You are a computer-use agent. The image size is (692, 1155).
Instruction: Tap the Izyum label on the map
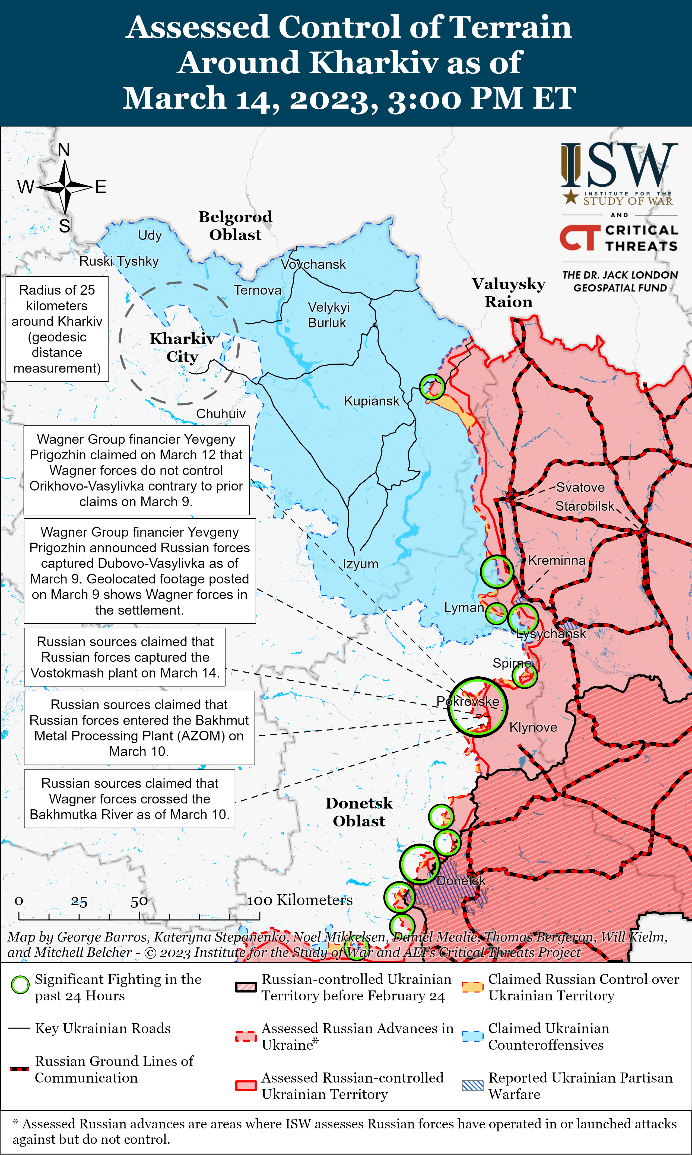pos(360,564)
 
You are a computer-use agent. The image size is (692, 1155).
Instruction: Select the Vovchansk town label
pos(313,264)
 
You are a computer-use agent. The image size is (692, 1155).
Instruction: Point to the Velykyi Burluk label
pos(328,315)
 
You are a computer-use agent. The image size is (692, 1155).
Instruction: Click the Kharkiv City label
pos(182,347)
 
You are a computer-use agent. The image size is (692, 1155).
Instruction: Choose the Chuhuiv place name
pos(221,414)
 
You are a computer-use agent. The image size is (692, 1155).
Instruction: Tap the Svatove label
pos(580,488)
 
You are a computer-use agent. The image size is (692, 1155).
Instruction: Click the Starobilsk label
pos(585,506)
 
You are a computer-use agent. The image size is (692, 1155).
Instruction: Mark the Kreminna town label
pos(557,560)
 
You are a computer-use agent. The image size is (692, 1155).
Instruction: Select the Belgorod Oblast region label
pos(236,225)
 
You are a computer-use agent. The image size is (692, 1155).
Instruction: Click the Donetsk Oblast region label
pos(359,812)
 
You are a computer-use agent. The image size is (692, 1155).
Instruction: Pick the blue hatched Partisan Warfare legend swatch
pos(472,1086)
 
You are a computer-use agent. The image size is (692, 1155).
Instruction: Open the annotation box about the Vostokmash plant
pos(125,657)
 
